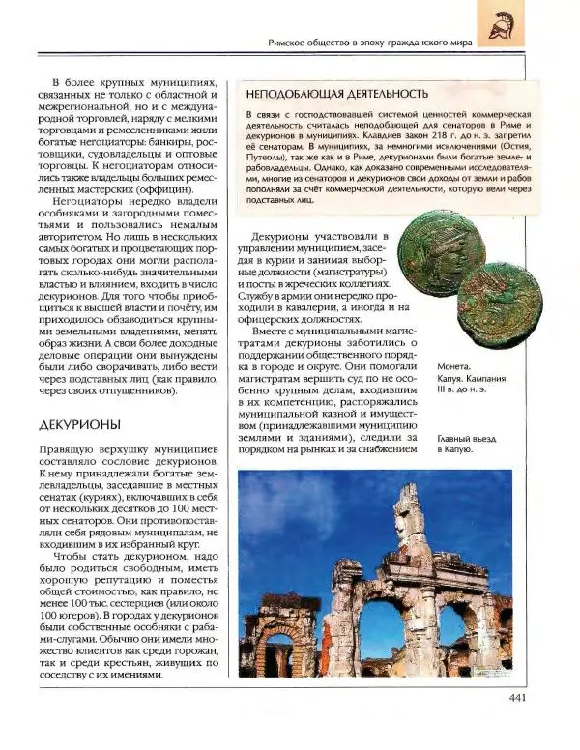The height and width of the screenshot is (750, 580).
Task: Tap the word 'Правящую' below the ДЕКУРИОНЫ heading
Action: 67,451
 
